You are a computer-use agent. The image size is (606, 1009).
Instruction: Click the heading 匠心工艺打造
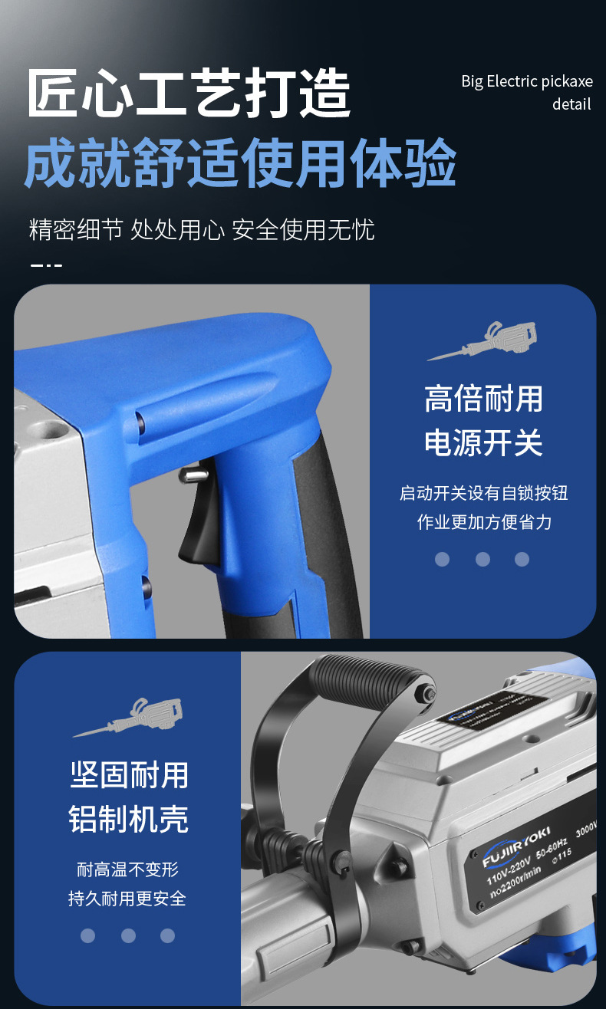click(189, 94)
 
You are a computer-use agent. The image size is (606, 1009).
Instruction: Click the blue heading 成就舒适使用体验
click(240, 163)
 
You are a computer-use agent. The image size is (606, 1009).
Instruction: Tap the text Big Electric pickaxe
click(526, 81)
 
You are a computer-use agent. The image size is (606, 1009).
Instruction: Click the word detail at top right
click(571, 104)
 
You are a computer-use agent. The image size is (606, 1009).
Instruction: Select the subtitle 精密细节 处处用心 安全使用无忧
click(202, 229)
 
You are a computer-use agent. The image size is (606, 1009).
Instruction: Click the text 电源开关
click(483, 443)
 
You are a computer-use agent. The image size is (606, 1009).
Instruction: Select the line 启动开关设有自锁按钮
click(483, 493)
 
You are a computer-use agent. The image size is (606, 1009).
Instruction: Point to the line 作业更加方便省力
click(483, 522)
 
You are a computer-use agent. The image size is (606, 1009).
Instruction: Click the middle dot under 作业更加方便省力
click(482, 559)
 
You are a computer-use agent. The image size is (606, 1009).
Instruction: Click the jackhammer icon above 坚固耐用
click(128, 717)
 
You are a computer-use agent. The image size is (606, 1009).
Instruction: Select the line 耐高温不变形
click(128, 869)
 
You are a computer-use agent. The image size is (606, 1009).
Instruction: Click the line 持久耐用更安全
click(128, 898)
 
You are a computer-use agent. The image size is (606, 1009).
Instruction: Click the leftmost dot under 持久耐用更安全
click(88, 935)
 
